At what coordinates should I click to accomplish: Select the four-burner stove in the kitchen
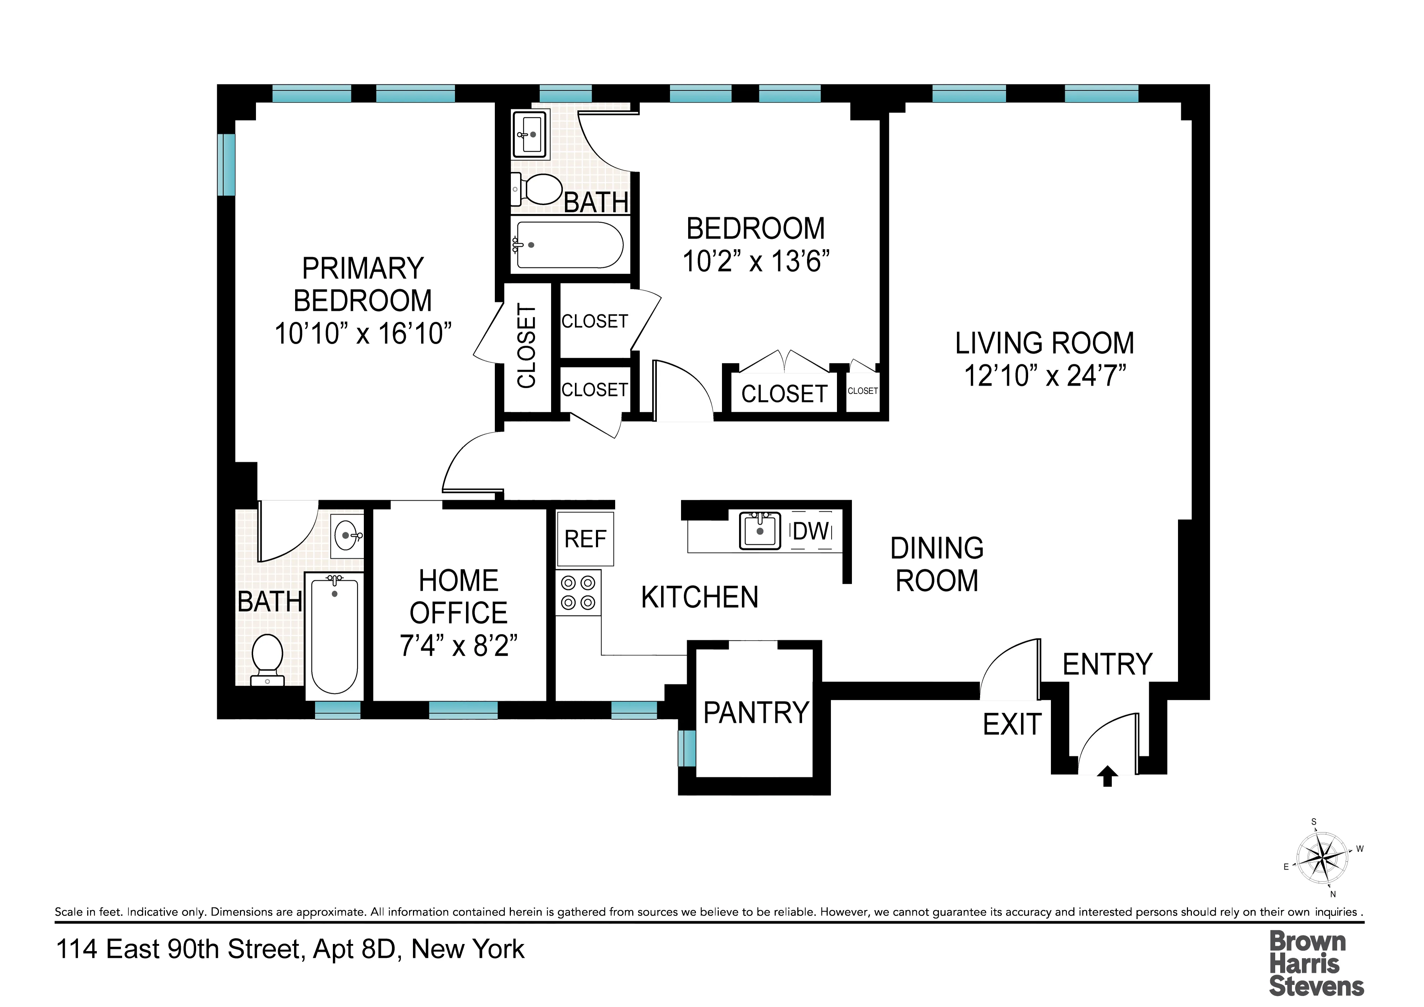(x=578, y=592)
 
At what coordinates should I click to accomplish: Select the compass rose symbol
(x=1323, y=859)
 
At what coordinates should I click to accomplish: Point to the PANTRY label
(x=756, y=713)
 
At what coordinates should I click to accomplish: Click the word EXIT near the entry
(x=1012, y=724)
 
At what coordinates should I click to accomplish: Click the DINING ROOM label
(x=937, y=564)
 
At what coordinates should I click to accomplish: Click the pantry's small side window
(x=687, y=749)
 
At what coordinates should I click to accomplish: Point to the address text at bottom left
(x=290, y=949)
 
